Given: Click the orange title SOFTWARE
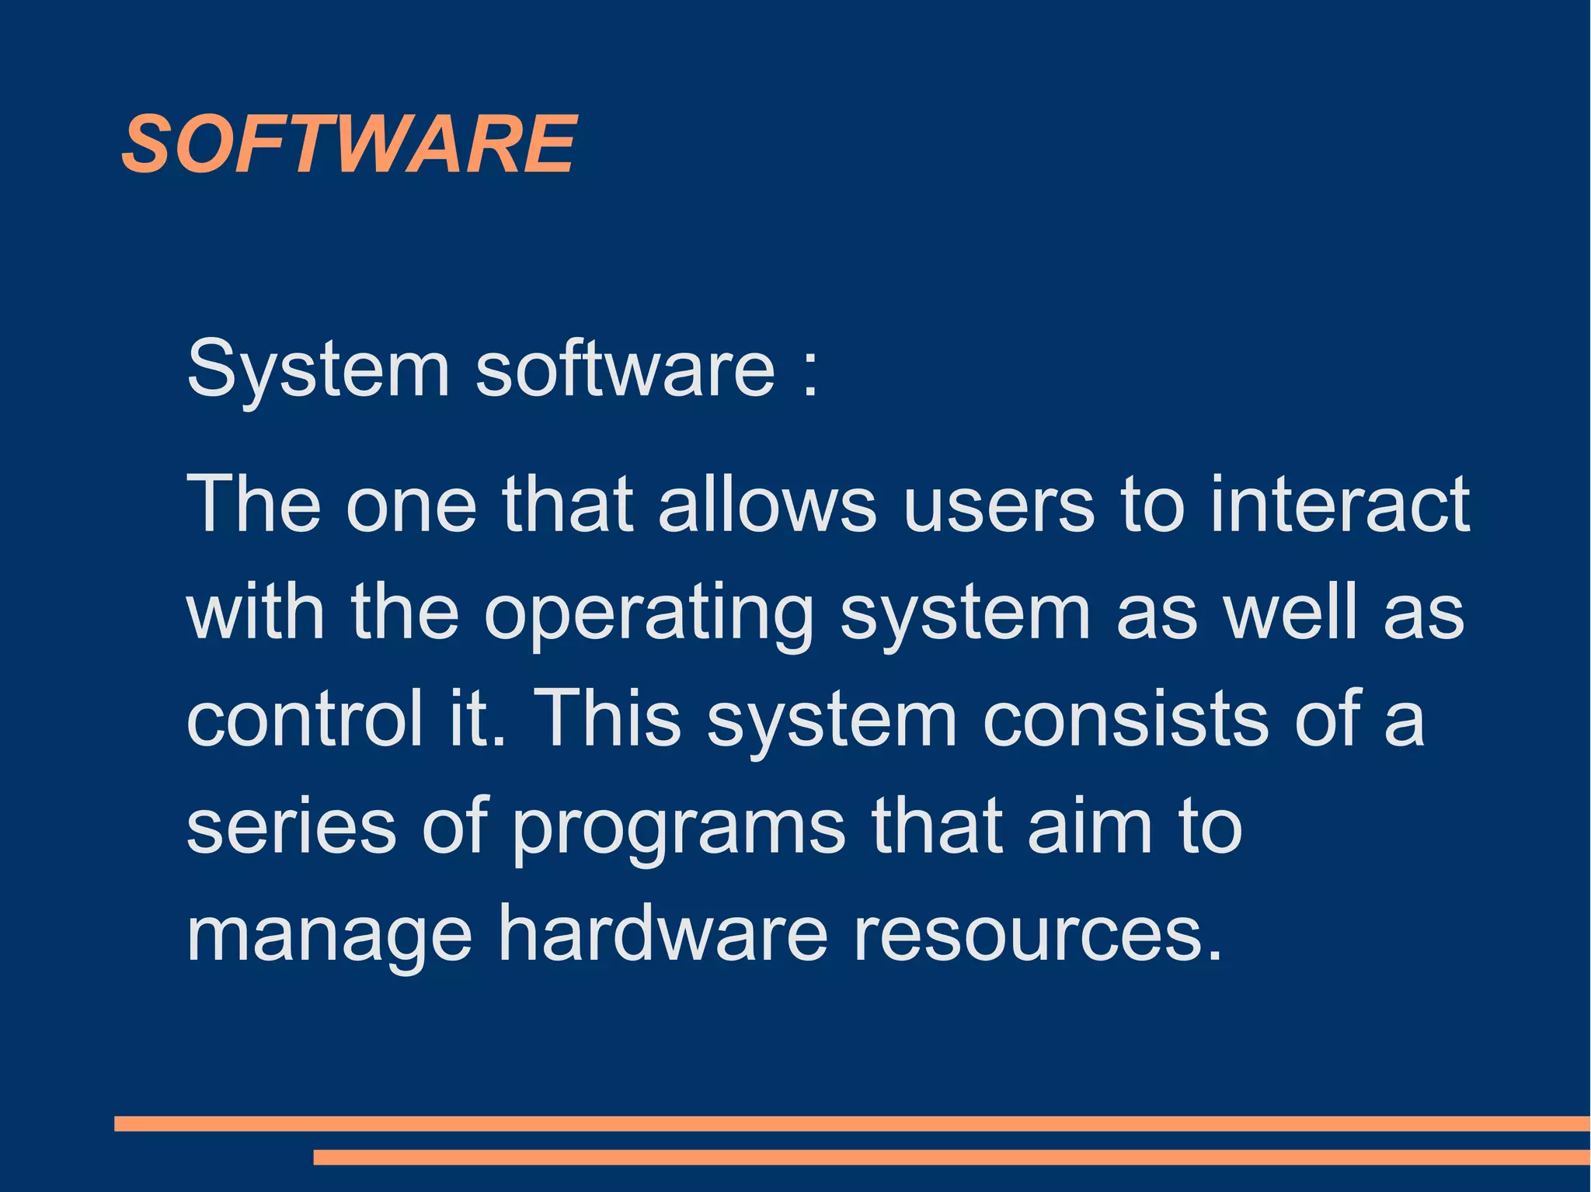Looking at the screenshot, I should [349, 144].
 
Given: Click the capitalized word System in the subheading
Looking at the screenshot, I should [318, 368].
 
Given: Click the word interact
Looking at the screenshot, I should [1340, 505].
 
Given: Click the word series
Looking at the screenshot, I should [291, 826].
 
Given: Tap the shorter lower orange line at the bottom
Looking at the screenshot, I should [952, 1157].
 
